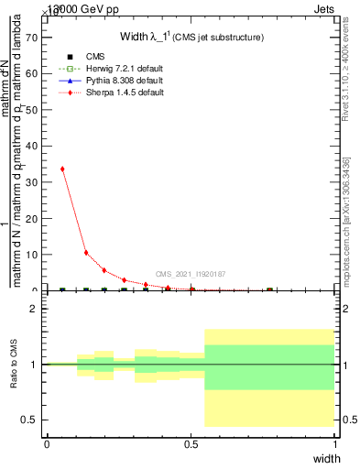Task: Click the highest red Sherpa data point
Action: click(62, 169)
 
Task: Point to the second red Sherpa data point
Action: click(86, 253)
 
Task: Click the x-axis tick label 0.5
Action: click(191, 443)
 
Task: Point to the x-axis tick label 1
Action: click(335, 443)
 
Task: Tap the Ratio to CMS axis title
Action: click(14, 365)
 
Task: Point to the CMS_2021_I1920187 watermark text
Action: click(191, 274)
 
